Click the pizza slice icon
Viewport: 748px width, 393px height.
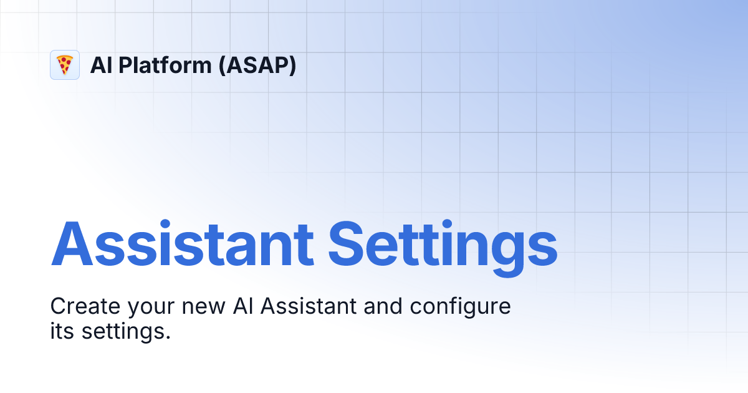coord(65,65)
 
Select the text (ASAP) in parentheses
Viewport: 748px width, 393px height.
coord(257,65)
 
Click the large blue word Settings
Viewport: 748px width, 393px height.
coord(443,244)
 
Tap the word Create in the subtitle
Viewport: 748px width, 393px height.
coord(85,307)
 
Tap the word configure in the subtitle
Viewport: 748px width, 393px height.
coord(461,308)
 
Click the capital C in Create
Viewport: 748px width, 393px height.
coord(58,307)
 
